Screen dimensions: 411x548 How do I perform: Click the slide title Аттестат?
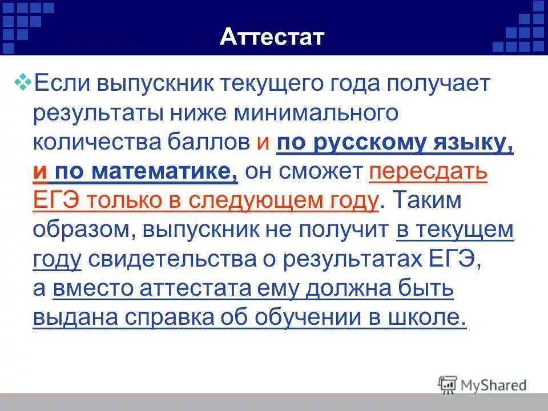click(x=272, y=38)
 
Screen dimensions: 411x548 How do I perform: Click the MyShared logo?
click(x=482, y=384)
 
